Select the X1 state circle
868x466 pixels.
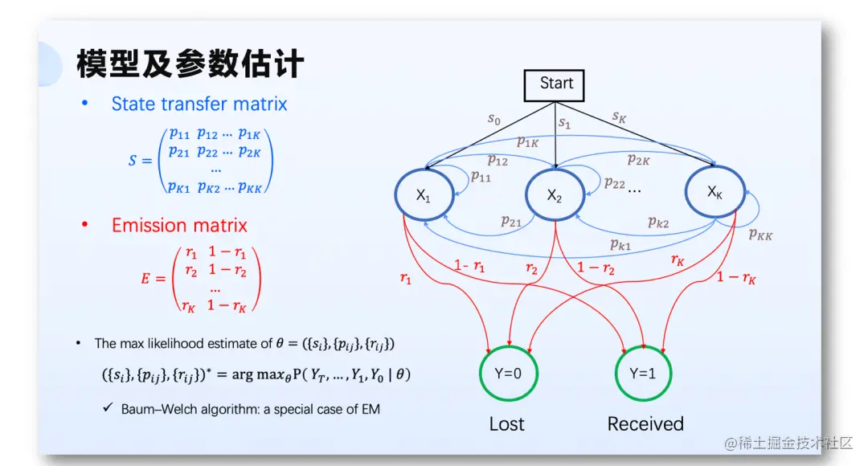click(x=424, y=194)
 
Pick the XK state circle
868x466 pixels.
click(x=714, y=192)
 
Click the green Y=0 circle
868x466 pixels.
click(x=507, y=374)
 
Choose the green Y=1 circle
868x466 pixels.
click(x=644, y=374)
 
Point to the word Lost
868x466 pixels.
click(x=506, y=423)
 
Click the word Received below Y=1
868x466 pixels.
click(x=645, y=423)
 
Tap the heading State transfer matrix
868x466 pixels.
click(x=199, y=104)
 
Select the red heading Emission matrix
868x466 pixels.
click(x=179, y=225)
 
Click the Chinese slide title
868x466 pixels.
click(x=190, y=63)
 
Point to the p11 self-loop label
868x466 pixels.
click(x=481, y=176)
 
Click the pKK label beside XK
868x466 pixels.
click(x=761, y=235)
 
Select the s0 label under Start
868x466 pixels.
click(x=493, y=120)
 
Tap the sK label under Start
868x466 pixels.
click(x=619, y=117)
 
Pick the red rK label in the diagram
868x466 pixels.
click(x=678, y=260)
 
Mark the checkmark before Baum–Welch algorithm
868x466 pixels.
click(x=107, y=408)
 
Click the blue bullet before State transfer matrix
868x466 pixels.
click(x=85, y=104)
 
